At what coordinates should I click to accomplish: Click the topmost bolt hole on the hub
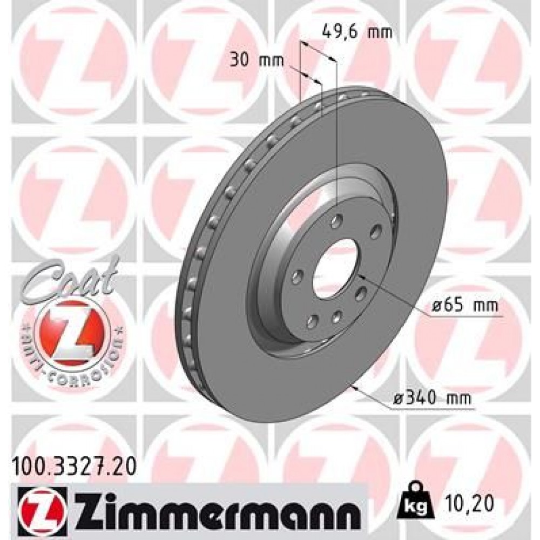(337, 219)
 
